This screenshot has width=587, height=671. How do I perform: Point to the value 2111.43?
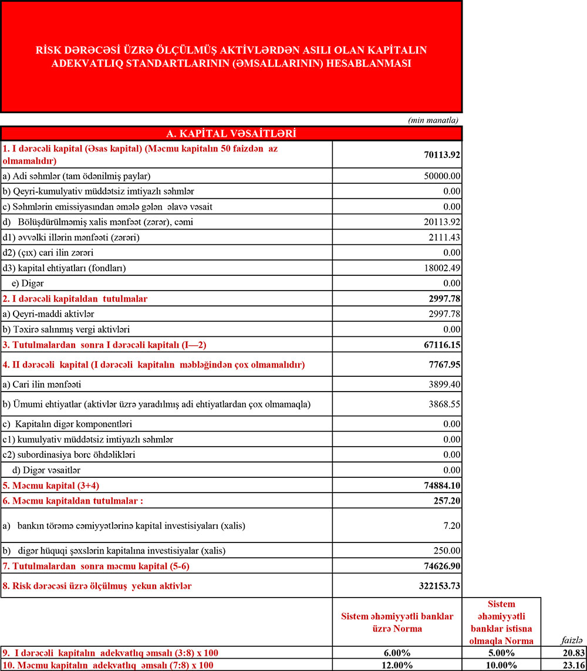pyautogui.click(x=444, y=237)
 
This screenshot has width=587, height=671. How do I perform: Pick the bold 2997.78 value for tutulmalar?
pyautogui.click(x=444, y=299)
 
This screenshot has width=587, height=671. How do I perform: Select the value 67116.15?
pyautogui.click(x=441, y=344)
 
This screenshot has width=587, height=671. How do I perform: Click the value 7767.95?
pyautogui.click(x=444, y=365)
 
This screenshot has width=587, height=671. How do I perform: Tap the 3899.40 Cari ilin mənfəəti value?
pyautogui.click(x=444, y=385)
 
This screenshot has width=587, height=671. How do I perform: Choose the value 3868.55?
pyautogui.click(x=444, y=404)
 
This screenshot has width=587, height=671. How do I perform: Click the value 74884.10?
pyautogui.click(x=441, y=485)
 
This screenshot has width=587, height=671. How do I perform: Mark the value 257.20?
pyautogui.click(x=447, y=501)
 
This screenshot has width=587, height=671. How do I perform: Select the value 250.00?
pyautogui.click(x=447, y=550)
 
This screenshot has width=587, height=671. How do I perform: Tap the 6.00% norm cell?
pyautogui.click(x=397, y=652)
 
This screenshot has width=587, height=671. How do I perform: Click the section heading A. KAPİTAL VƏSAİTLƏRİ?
pyautogui.click(x=231, y=134)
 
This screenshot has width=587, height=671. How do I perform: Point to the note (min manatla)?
pyautogui.click(x=433, y=120)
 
